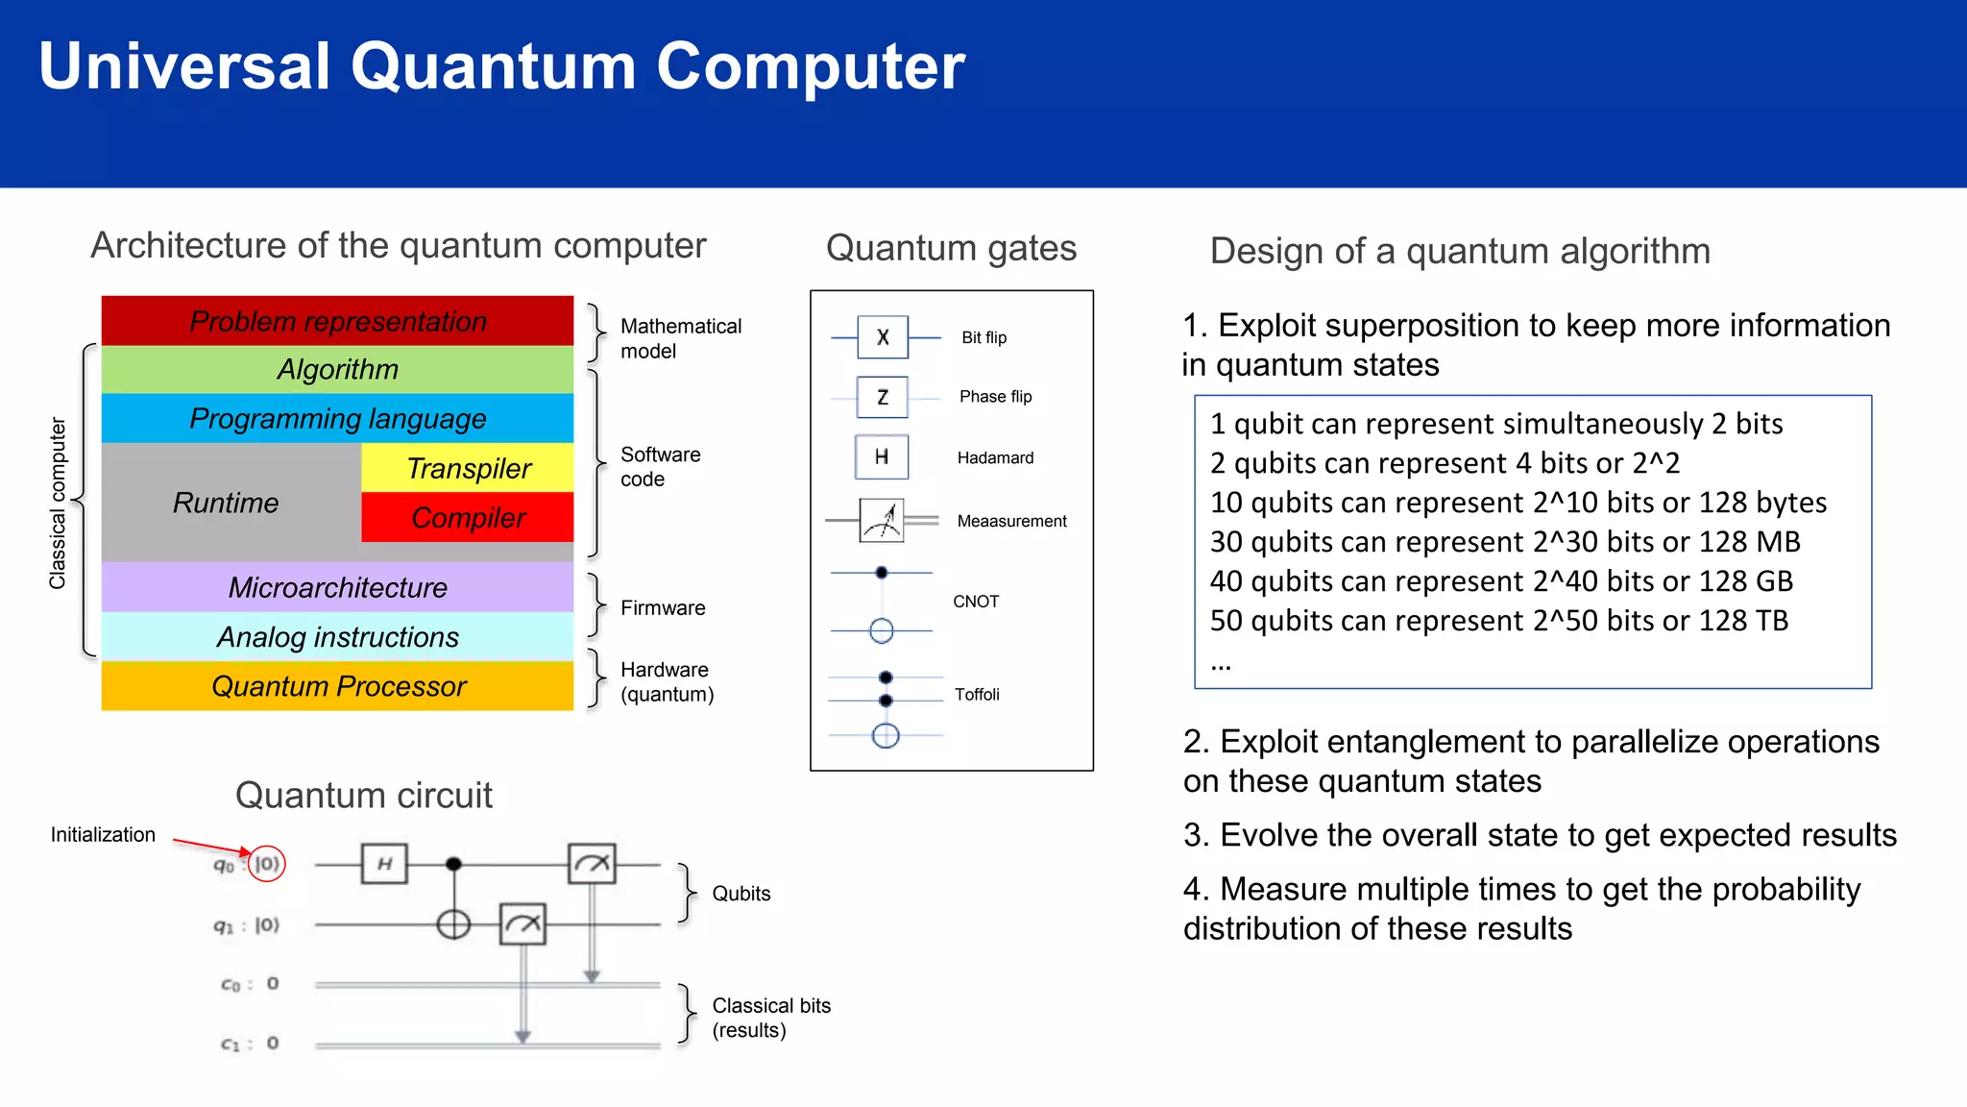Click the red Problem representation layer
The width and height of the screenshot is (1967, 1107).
pos(337,321)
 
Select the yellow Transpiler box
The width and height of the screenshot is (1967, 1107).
pos(468,468)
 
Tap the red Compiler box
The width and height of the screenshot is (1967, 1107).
pos(468,518)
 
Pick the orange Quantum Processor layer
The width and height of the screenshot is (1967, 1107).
pos(337,686)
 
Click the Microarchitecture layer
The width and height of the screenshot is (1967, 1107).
pos(337,587)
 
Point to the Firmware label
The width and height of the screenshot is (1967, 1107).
pos(663,608)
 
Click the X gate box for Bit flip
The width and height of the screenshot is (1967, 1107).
pos(883,337)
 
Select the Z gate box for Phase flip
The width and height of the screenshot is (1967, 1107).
pos(883,397)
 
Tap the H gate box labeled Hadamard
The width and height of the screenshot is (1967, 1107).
pos(882,456)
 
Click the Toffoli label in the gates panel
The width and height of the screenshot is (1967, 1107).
pos(977,695)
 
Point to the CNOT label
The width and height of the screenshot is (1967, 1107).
pos(976,602)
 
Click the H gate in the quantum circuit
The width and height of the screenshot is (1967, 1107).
pos(384,864)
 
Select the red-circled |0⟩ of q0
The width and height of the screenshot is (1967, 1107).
pos(267,864)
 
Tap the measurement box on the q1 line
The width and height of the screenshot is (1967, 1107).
pos(522,924)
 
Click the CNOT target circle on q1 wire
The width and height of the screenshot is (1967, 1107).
pos(453,924)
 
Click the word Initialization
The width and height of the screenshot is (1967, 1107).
pos(103,835)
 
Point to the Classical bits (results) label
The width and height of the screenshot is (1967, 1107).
pos(770,1018)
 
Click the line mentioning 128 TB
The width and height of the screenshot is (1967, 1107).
pos(1498,621)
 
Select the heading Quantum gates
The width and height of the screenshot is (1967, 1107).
pos(951,248)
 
